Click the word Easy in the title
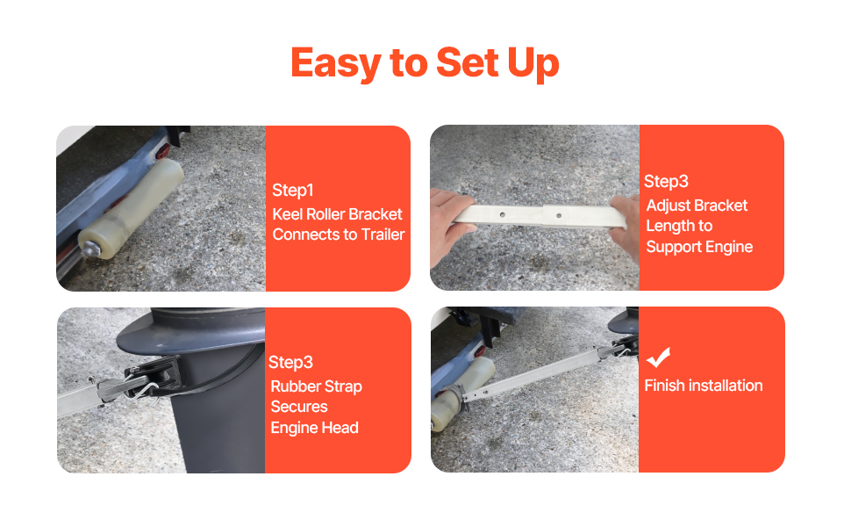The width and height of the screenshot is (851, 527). coord(336,63)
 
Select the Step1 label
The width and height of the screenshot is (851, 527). coord(292,190)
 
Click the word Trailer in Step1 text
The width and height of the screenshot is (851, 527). coord(383,235)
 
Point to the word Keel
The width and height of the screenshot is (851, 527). coord(287,214)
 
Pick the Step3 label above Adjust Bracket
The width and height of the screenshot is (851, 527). coord(666,182)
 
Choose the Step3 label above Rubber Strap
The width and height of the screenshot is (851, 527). coord(290,363)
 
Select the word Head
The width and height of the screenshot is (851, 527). coord(342,428)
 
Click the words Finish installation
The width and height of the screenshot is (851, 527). coord(704,386)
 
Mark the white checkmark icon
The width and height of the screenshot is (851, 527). coord(658,357)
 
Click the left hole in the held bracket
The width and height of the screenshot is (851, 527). coord(503,214)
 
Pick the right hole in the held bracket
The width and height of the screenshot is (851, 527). coord(559,216)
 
